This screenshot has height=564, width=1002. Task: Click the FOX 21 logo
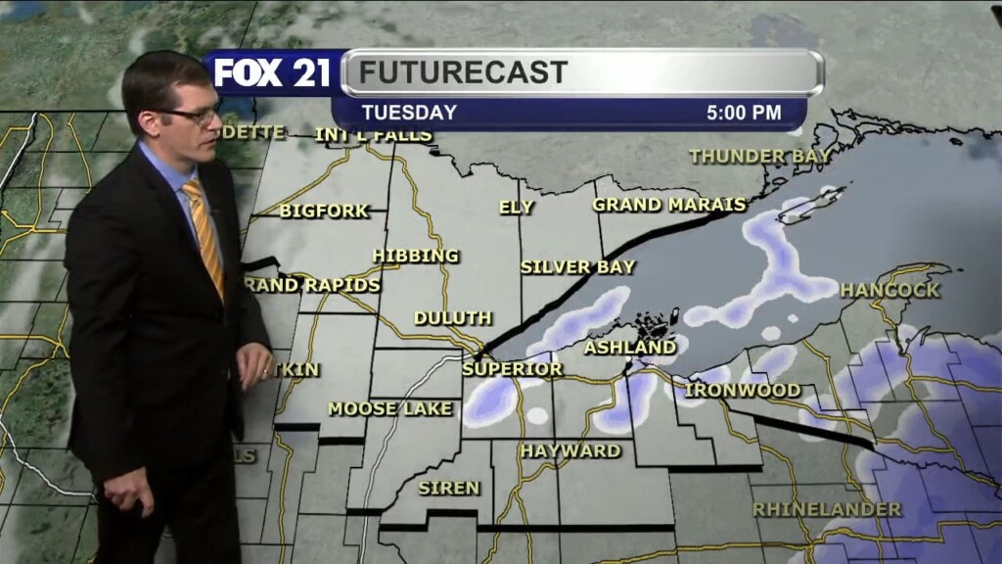click(x=273, y=73)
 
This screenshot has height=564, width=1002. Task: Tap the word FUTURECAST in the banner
click(x=463, y=72)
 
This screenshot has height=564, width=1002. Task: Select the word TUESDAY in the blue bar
click(x=409, y=113)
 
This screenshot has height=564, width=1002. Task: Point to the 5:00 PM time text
click(x=744, y=113)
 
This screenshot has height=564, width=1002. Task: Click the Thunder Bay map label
click(x=760, y=156)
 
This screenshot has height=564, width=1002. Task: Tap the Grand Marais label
click(x=669, y=205)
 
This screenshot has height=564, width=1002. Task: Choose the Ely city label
click(x=517, y=207)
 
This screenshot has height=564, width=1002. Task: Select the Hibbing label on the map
click(x=416, y=256)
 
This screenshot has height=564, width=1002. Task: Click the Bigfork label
click(x=324, y=211)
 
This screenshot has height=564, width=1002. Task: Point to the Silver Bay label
click(x=578, y=266)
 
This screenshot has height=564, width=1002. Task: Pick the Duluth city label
click(x=452, y=318)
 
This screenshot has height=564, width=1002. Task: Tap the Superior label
click(x=513, y=369)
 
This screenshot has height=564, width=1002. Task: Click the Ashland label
click(x=630, y=348)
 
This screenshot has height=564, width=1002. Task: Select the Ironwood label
click(x=744, y=390)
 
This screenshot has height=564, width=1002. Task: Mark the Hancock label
click(x=889, y=290)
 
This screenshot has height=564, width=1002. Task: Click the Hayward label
click(x=570, y=451)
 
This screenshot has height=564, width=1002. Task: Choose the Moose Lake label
click(x=390, y=408)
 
